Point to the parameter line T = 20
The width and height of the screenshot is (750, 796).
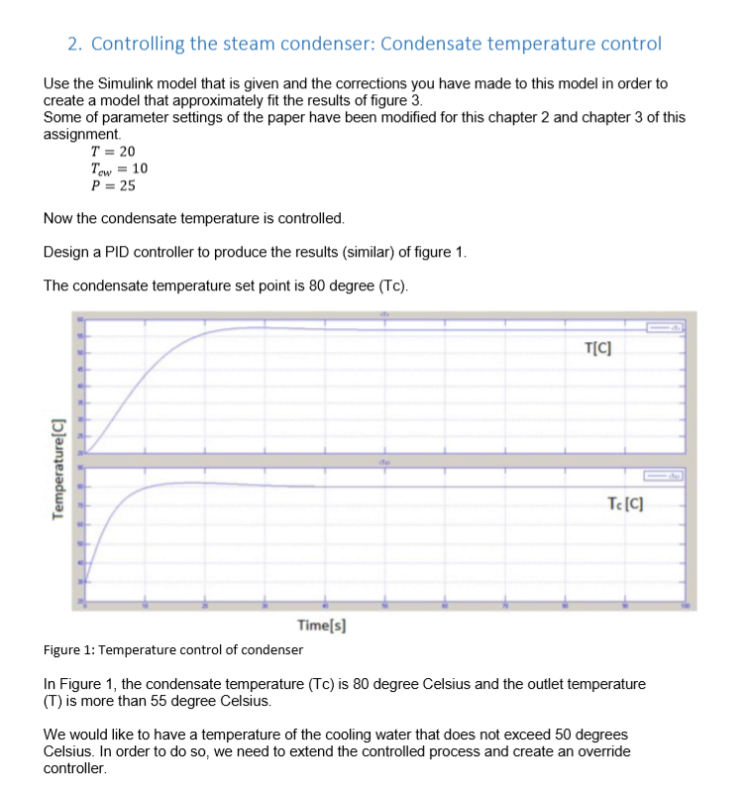pos(112,152)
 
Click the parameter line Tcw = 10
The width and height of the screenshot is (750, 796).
pos(118,169)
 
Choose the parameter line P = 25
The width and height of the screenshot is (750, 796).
pos(113,185)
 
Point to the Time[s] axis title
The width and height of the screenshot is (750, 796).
pos(321,625)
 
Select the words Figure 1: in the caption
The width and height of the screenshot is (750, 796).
pos(70,650)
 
